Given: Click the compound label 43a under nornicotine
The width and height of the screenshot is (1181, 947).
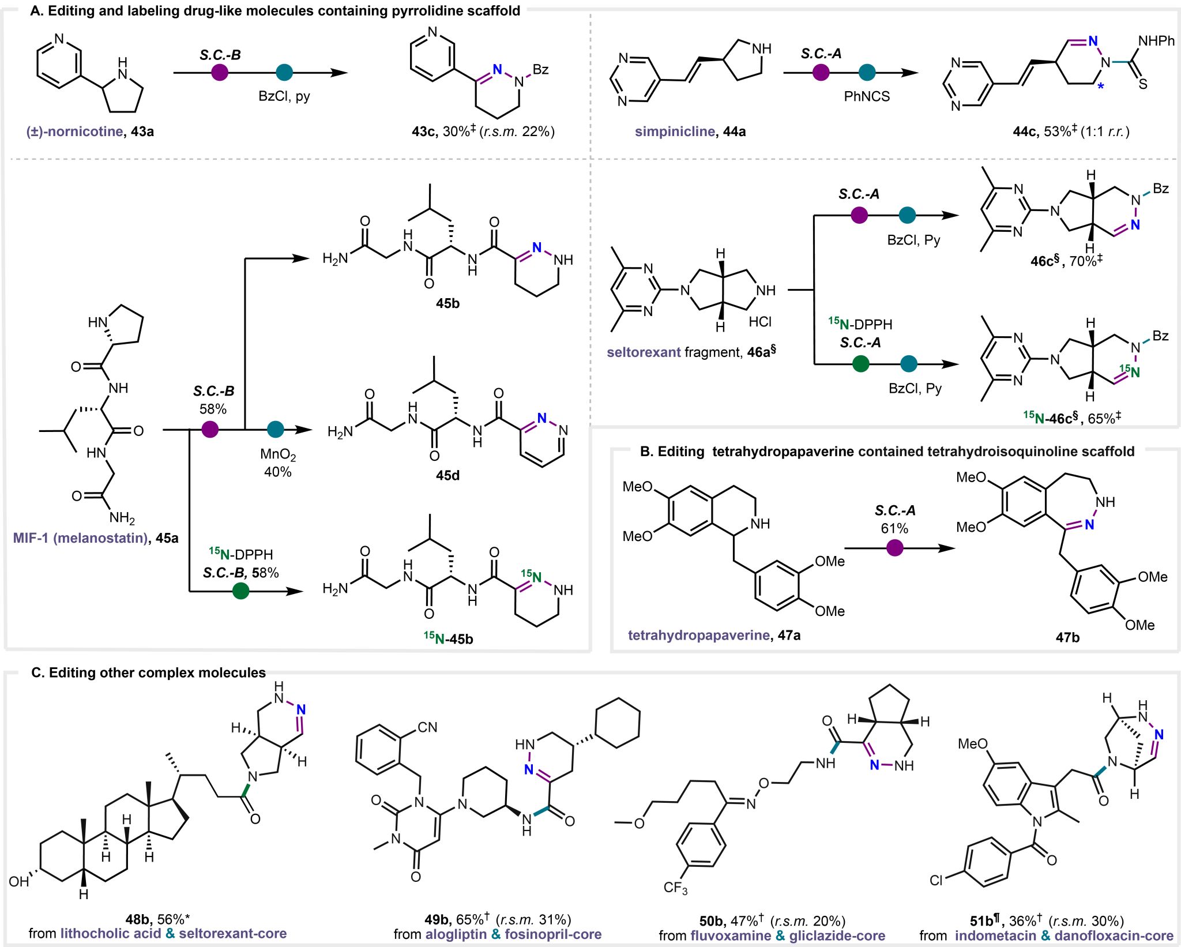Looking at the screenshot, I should [x=142, y=131].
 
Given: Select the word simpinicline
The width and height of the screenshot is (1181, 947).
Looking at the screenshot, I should [x=675, y=131].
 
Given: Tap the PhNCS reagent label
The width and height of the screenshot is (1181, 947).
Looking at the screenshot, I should [x=867, y=96].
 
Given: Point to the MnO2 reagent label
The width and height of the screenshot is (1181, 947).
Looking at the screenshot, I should [x=277, y=454].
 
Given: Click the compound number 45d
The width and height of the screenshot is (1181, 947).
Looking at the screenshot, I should [x=447, y=475].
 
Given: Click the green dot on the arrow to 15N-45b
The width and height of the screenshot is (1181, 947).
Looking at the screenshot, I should [x=240, y=591].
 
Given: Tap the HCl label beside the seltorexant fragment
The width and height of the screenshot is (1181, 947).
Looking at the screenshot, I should [x=760, y=322].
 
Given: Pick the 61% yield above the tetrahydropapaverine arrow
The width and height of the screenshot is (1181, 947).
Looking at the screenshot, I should [x=894, y=528].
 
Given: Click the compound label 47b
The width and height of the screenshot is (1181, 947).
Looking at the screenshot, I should [x=1067, y=637].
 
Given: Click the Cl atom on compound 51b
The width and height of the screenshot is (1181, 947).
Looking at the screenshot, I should [x=936, y=880].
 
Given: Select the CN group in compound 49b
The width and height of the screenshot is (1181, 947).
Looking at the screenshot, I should [x=427, y=727].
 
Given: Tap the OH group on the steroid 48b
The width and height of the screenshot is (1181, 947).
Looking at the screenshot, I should [x=18, y=881].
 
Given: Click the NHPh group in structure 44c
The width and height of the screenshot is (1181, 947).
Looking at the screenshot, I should [x=1156, y=41].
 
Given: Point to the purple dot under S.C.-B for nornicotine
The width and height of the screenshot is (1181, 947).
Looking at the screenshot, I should [x=220, y=72].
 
